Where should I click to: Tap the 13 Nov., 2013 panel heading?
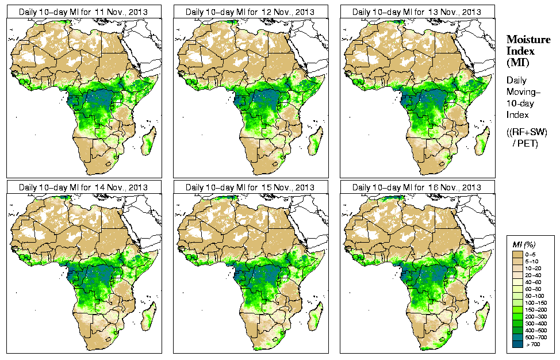[417, 12]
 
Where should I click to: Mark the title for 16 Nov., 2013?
[417, 187]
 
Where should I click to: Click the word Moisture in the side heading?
[528, 40]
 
